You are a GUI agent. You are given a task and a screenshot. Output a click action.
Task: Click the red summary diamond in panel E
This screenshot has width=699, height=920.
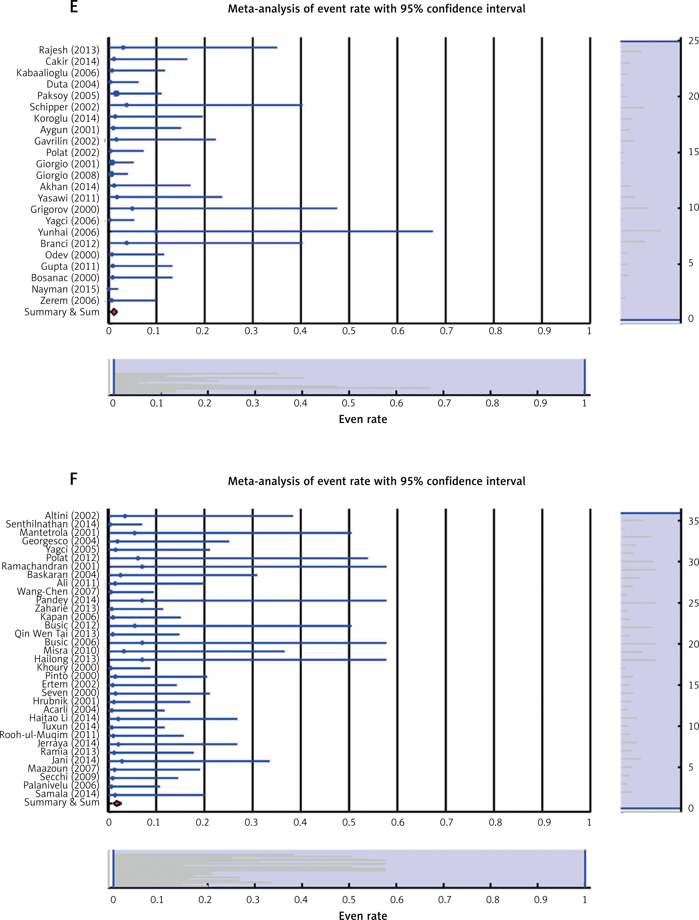(x=114, y=312)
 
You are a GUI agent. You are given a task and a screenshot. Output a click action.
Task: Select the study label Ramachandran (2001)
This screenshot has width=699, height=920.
(x=50, y=566)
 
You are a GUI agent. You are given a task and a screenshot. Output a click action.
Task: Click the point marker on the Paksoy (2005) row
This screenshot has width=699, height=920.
(x=116, y=94)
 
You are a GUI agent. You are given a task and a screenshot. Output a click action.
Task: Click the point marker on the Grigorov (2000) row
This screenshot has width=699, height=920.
(x=132, y=208)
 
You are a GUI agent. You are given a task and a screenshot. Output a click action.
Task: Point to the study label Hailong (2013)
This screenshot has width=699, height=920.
(x=67, y=659)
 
